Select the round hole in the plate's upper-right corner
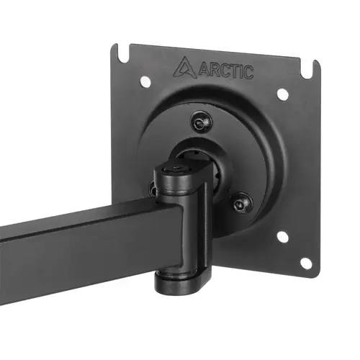point(283,94)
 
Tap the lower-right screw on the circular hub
point(243,204)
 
